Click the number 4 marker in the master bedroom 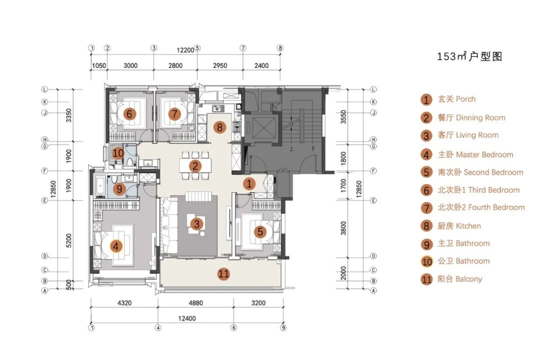116,246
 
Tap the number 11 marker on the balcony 223,274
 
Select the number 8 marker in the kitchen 219,127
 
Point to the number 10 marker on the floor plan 118,152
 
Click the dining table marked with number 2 195,166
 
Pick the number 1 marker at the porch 249,183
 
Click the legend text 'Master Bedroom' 484,154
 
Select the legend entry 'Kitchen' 459,226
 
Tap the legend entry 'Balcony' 460,279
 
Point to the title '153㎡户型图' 469,56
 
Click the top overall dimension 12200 185,50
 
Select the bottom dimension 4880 195,303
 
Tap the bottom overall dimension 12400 187,318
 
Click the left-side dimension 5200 69,240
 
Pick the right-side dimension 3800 343,228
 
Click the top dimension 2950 219,65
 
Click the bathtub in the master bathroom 100,186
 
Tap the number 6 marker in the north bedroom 129,113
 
